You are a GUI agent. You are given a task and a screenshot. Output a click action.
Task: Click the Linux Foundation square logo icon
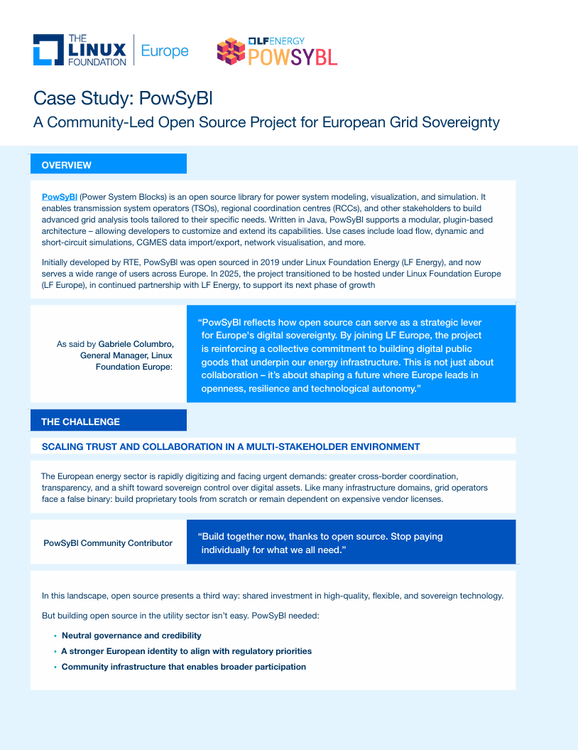coord(47,50)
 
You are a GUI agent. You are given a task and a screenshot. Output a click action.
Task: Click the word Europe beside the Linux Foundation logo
coord(165,50)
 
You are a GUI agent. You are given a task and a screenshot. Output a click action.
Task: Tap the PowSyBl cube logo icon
coord(231,51)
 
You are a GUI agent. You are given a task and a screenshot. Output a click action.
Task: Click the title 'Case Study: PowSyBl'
coord(122,98)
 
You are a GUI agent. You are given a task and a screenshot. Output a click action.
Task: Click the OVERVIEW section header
coord(66,165)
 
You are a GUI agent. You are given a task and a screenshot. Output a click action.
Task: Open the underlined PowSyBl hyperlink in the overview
coord(60,196)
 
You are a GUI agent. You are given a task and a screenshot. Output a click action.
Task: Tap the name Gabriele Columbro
coord(136,344)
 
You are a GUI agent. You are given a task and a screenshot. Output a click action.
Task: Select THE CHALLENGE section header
coord(80,422)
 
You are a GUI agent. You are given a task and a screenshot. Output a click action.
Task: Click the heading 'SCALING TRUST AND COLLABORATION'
coord(231,446)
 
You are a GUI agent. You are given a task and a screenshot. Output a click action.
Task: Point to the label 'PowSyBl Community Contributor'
coord(108,543)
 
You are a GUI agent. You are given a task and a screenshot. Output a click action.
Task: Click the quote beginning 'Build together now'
coord(320,543)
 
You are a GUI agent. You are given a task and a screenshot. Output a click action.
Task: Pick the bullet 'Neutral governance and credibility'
coord(131,636)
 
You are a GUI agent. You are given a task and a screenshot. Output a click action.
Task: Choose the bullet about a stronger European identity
coord(186,651)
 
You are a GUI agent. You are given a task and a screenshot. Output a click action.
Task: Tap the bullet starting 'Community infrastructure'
coord(183,667)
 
